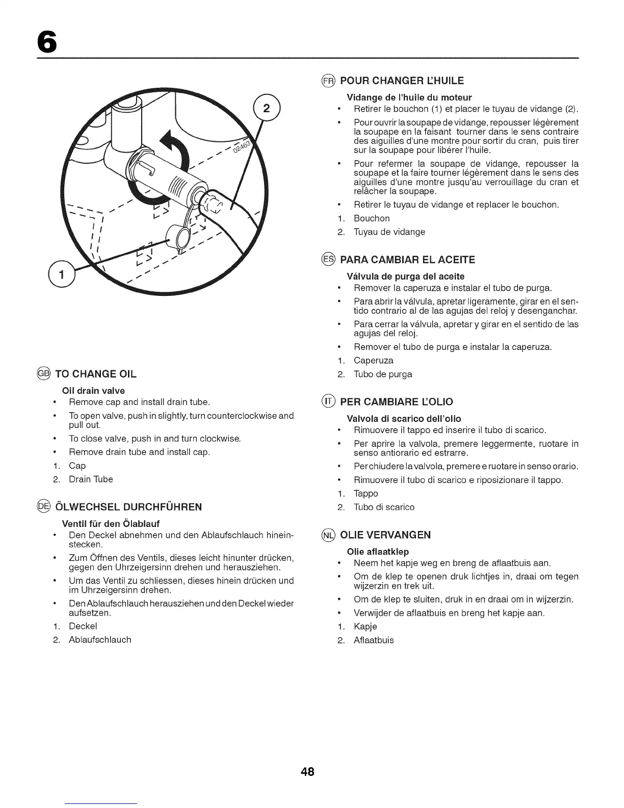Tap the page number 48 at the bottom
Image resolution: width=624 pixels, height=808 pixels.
[307, 772]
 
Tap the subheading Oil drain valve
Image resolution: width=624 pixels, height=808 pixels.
[93, 391]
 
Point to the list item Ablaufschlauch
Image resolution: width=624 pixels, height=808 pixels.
[100, 640]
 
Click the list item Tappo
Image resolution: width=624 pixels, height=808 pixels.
[366, 493]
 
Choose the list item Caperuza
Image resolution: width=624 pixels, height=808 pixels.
[374, 360]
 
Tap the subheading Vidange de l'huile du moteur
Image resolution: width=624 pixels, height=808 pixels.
[409, 97]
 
